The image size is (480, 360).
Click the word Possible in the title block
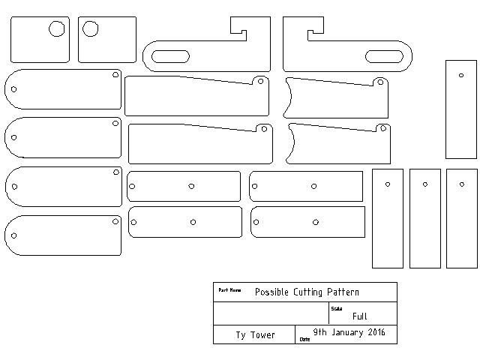(x=272, y=292)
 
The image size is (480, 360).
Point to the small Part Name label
(x=229, y=289)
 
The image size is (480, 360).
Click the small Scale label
(x=336, y=308)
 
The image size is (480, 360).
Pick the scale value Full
(x=359, y=316)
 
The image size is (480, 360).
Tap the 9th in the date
(x=320, y=332)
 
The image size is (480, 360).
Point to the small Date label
(x=304, y=339)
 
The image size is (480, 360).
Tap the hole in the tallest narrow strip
(x=460, y=74)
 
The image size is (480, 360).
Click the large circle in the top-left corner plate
(x=57, y=29)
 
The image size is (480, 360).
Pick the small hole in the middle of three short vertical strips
(x=424, y=184)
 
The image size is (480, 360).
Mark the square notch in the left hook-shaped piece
(x=238, y=31)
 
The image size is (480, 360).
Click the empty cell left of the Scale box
(x=271, y=313)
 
